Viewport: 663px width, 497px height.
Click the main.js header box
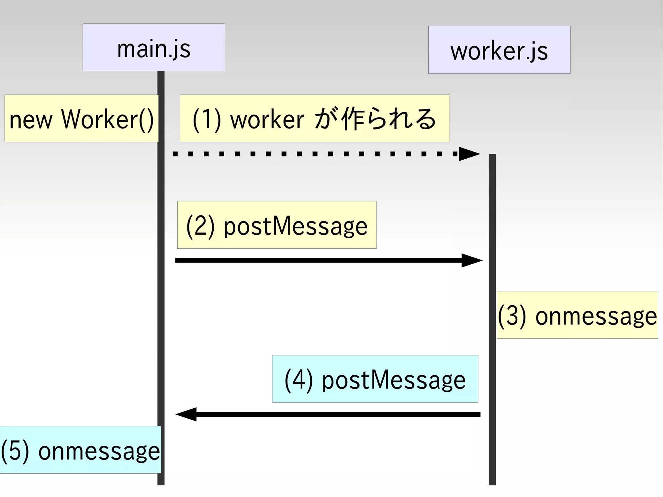153,47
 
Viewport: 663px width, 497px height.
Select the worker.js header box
499,50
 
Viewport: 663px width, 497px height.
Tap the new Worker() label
81,119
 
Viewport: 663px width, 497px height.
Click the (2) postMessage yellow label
276,225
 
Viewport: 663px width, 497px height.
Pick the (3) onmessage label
577,315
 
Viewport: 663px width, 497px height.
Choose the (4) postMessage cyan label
375,379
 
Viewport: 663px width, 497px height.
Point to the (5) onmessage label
80,450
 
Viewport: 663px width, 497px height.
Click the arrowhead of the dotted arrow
469,154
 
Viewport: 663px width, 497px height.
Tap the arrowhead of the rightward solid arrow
471,260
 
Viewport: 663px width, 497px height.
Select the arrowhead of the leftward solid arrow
186,414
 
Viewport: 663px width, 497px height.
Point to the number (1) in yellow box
207,119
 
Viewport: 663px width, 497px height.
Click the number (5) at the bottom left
15,450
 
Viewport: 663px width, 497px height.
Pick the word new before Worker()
31,120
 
